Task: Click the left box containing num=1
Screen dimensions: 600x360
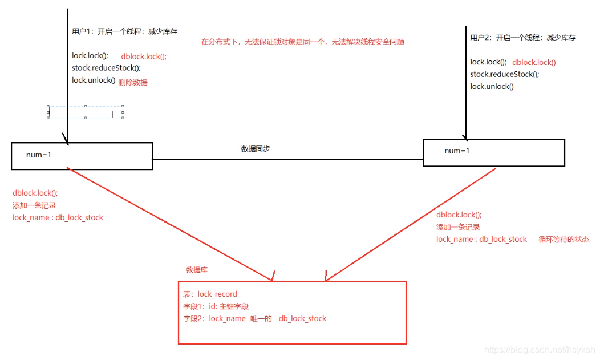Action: (x=82, y=156)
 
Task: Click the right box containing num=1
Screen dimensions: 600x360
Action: (x=493, y=153)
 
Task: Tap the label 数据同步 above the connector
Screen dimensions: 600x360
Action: (x=256, y=149)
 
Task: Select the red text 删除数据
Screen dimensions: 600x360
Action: (x=133, y=83)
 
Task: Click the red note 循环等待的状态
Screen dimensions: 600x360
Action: (x=563, y=240)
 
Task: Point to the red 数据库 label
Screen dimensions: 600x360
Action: (x=201, y=270)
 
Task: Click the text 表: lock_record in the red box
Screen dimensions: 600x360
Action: (x=210, y=294)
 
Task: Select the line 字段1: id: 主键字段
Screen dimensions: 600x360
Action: (x=216, y=306)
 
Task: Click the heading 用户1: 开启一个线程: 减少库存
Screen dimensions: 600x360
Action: (x=124, y=31)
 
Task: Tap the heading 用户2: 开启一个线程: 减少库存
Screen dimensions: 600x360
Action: (x=522, y=38)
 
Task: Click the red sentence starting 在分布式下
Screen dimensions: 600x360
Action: (x=302, y=42)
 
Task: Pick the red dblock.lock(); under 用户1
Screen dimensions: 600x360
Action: (x=144, y=57)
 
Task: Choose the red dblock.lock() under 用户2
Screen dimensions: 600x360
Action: (x=534, y=63)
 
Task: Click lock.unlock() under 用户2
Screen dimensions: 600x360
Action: (x=492, y=87)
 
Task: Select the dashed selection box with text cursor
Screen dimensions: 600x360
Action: (x=86, y=112)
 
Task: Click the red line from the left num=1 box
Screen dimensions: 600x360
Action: (x=171, y=225)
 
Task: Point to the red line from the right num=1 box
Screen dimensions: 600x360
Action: (x=411, y=223)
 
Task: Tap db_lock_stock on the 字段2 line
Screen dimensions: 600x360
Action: (x=302, y=318)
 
